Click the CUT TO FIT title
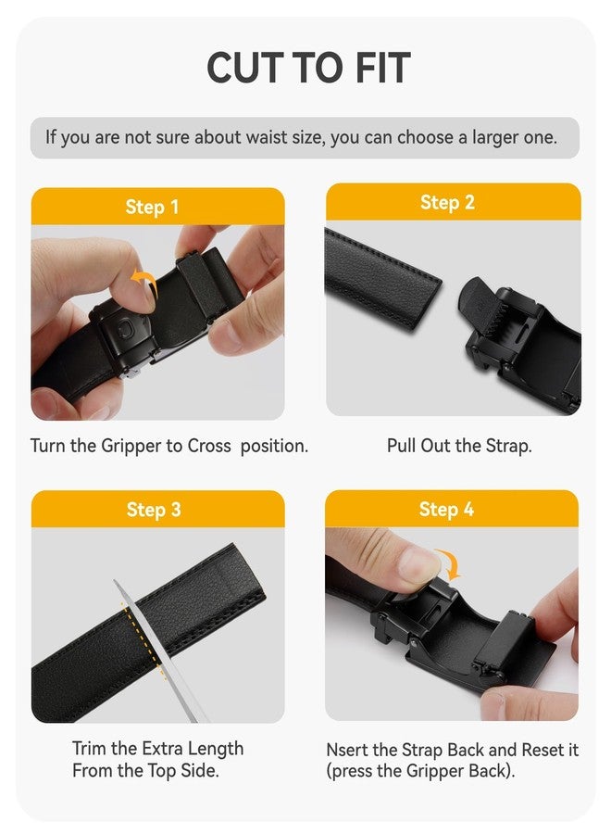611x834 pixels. [308, 68]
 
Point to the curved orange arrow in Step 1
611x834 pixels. [143, 280]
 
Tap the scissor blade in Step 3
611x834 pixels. [153, 649]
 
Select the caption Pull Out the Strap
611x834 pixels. [459, 446]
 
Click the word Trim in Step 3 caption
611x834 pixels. [90, 748]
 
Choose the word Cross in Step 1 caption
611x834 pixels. [209, 446]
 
